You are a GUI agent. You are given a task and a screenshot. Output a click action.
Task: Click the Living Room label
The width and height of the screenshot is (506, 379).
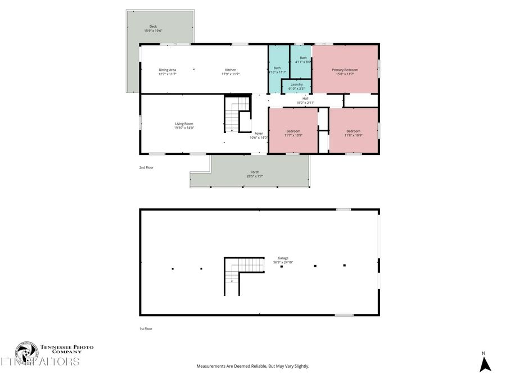coord(184,125)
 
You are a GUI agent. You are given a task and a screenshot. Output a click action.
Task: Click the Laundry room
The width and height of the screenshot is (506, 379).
coord(297,86)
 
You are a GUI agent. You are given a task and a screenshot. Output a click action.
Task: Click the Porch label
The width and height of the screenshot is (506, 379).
coord(255,173)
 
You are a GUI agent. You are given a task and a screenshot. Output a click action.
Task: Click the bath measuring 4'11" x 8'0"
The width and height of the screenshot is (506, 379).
coord(303,60)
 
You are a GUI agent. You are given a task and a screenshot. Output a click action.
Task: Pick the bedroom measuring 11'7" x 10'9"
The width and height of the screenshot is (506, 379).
coord(293,133)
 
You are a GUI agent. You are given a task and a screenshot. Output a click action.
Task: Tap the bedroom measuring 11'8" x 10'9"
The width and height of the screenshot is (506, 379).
coord(353,133)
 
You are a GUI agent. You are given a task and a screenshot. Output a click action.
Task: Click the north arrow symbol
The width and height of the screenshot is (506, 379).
coord(485,364)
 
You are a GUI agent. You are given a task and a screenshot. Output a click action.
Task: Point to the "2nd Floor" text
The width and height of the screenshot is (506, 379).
coord(146,167)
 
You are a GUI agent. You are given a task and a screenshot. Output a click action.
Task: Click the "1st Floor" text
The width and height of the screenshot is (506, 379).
coord(146,328)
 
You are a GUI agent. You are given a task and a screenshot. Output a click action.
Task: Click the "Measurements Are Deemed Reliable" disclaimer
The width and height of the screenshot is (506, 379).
coord(252,366)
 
